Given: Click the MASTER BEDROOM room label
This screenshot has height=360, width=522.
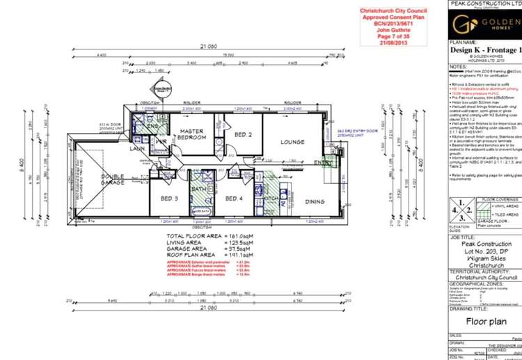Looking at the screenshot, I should coord(191,134).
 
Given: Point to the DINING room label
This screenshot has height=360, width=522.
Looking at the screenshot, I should coord(315,201).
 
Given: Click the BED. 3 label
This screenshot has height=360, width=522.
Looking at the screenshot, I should coord(169,198).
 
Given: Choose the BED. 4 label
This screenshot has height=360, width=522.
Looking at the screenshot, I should coord(233,198).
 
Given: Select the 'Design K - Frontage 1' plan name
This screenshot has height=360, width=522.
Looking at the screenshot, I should coord(485,50).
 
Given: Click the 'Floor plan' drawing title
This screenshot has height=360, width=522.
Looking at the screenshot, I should coord(485,323).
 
